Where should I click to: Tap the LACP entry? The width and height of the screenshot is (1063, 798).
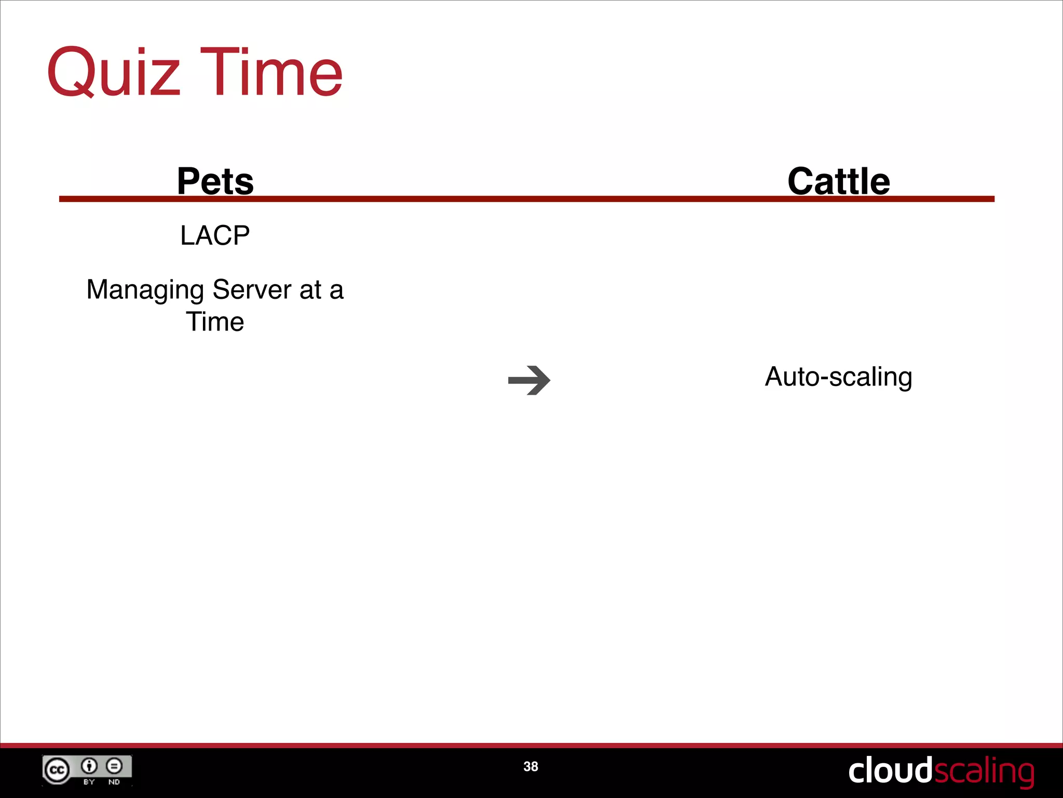[215, 235]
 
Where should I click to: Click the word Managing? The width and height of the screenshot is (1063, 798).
[145, 290]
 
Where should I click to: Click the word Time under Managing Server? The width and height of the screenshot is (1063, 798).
[215, 322]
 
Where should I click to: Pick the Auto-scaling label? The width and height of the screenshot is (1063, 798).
[838, 377]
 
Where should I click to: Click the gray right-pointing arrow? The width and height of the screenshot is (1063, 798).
[529, 380]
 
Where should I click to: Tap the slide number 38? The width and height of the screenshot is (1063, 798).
[530, 766]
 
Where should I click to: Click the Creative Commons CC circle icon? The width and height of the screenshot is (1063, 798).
[57, 770]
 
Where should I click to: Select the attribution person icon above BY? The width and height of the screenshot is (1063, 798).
[89, 765]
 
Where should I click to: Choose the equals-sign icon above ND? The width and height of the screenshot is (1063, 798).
[114, 765]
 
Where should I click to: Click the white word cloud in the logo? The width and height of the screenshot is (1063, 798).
[890, 770]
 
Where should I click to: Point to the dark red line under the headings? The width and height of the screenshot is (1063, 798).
[526, 199]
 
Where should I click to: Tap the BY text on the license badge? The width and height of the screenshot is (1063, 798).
[89, 781]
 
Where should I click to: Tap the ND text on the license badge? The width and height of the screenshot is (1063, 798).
[114, 781]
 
